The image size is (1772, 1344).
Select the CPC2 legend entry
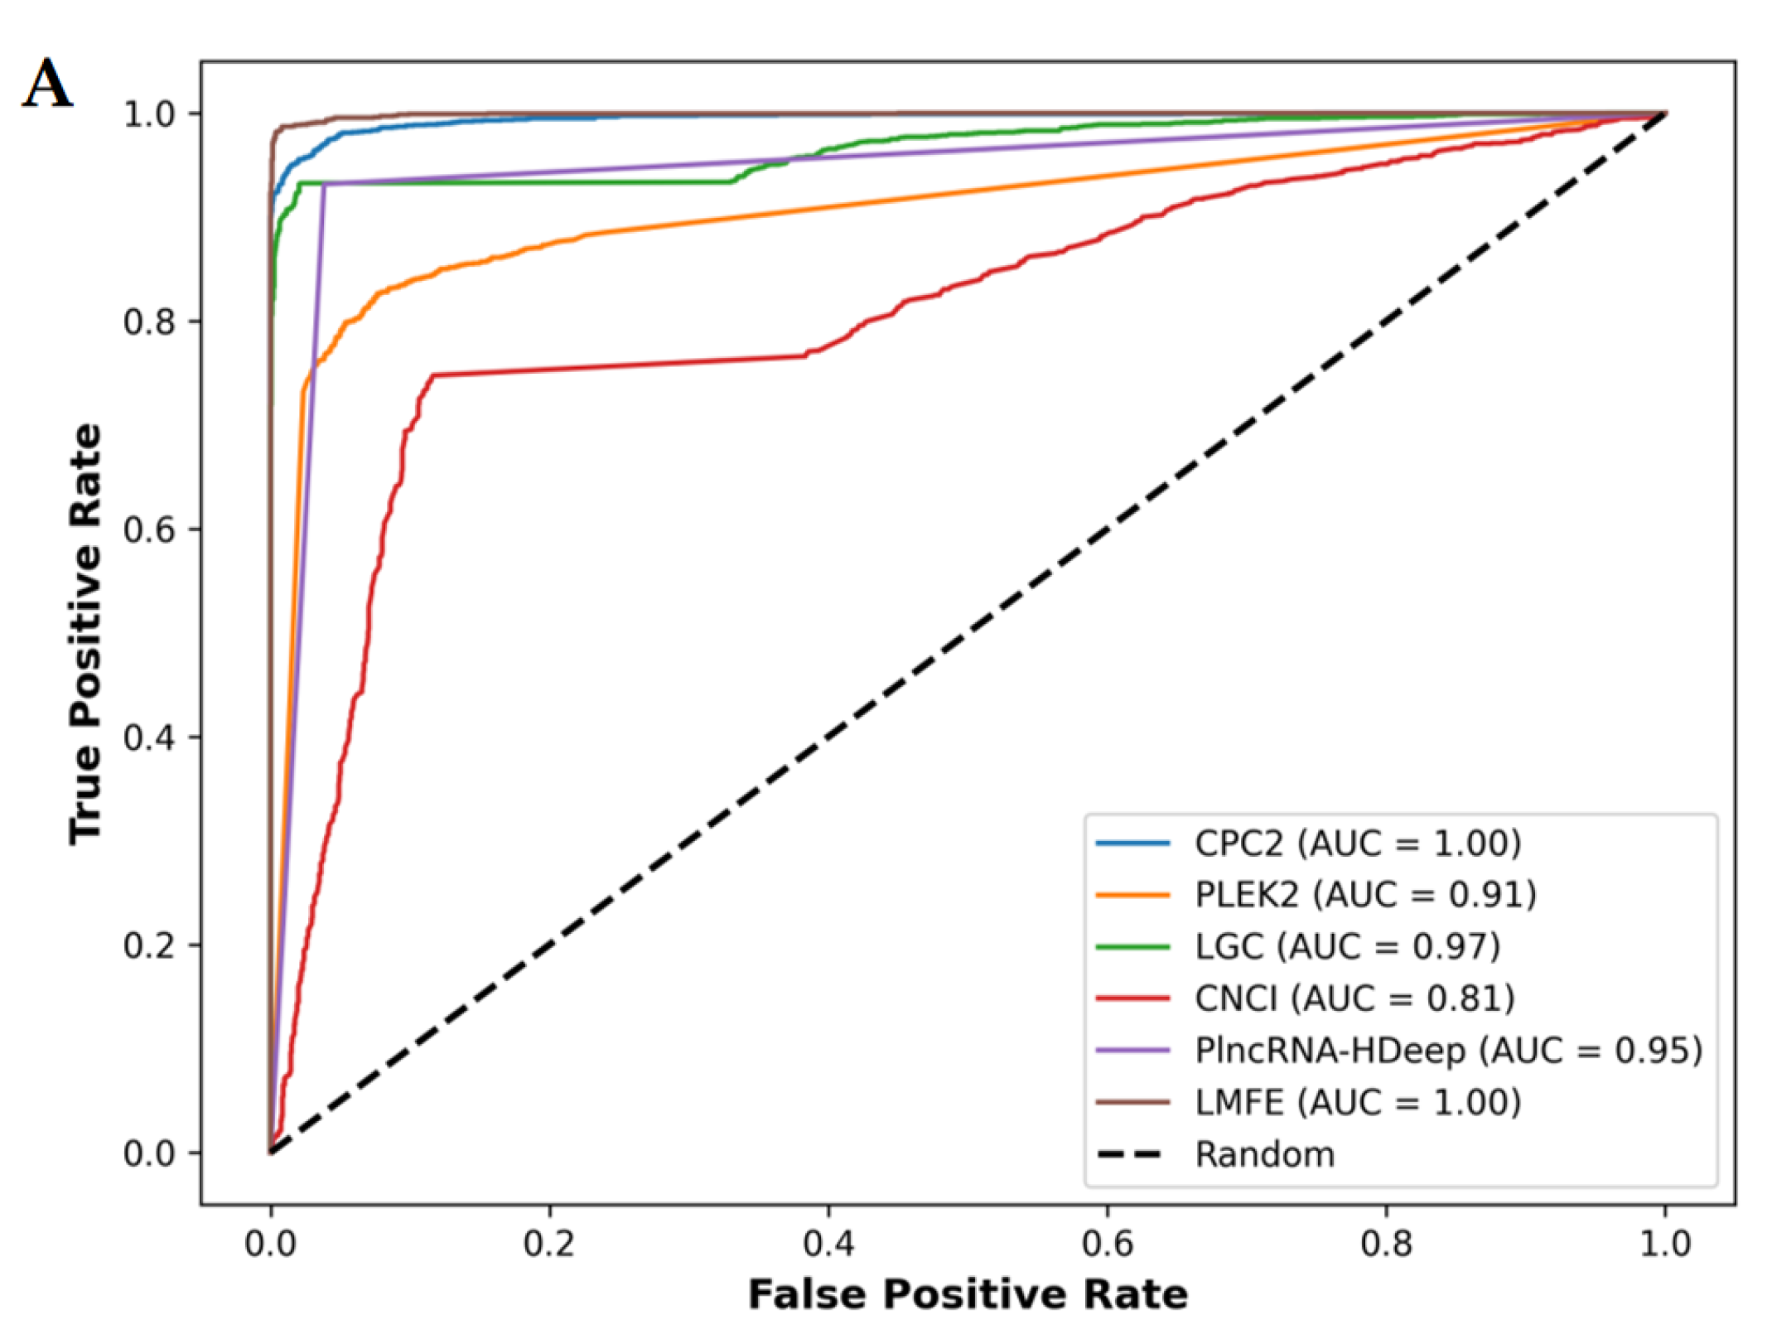[x=1357, y=844]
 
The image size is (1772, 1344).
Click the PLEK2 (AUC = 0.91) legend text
[x=1365, y=895]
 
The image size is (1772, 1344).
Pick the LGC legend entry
[x=1347, y=946]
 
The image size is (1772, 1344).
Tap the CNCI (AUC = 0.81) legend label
[x=1354, y=998]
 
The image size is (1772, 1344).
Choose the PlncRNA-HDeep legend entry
[x=1448, y=1051]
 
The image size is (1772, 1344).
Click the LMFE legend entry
[x=1357, y=1103]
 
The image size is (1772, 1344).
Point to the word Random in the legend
[x=1265, y=1155]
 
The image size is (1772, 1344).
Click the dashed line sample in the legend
[x=1132, y=1155]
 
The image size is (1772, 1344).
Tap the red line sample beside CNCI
[x=1132, y=998]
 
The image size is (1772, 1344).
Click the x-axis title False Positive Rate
[x=968, y=1295]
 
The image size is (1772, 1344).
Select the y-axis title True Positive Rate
[x=85, y=634]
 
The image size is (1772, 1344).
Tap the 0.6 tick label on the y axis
[x=149, y=529]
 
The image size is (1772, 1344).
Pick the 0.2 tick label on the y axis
[x=149, y=945]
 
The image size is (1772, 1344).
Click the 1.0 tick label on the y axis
[x=149, y=114]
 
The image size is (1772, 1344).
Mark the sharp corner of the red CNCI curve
[x=433, y=375]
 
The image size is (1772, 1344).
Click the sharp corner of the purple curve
[x=325, y=184]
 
